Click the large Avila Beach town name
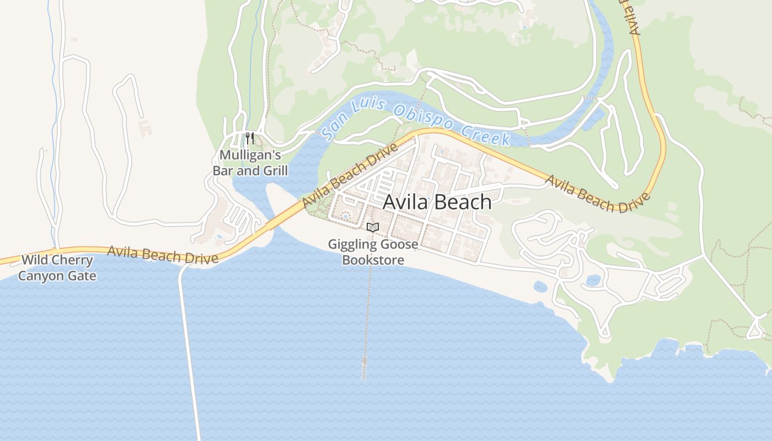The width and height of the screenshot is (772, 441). point(437,202)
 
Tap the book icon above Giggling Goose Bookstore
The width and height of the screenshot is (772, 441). point(373,227)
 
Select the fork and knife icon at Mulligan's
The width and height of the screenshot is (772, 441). point(250,138)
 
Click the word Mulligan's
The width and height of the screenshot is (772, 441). point(250,155)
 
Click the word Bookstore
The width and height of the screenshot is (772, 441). point(373,260)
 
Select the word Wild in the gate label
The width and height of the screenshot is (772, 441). point(34,260)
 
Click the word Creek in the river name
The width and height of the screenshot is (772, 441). point(485,135)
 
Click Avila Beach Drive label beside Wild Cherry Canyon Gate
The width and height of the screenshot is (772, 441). point(163,255)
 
